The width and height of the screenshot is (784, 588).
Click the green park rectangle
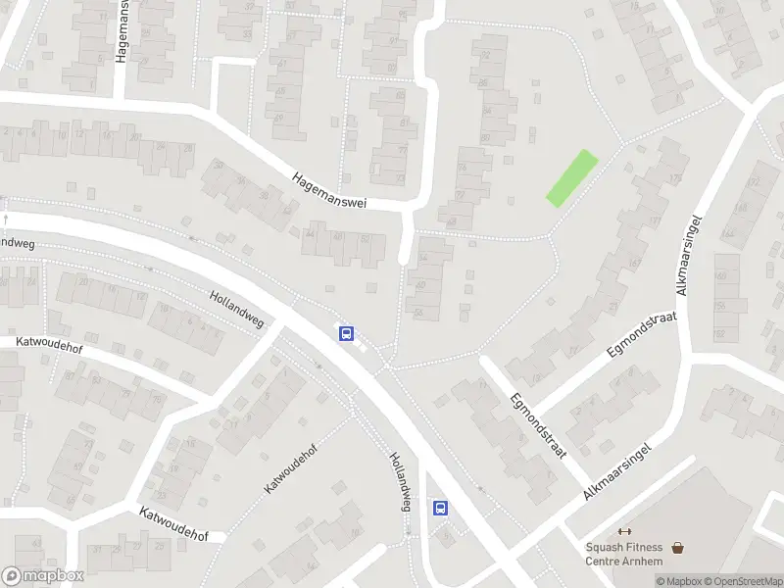[570, 178]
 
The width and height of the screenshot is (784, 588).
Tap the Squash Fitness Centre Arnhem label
[623, 554]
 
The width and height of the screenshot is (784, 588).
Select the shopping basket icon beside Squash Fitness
[677, 549]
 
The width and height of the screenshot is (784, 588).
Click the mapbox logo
[42, 576]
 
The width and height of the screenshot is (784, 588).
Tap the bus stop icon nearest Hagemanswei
[346, 333]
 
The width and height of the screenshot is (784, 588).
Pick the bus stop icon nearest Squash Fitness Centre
[441, 508]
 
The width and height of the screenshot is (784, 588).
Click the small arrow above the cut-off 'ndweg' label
[5, 218]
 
